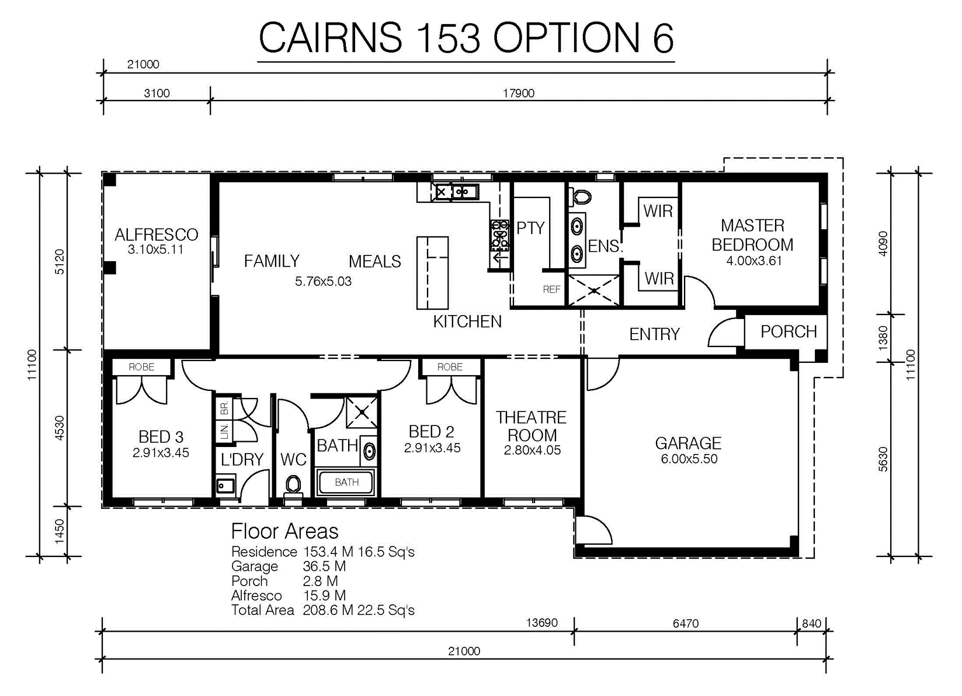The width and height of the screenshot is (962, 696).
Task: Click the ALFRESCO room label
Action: coord(157,235)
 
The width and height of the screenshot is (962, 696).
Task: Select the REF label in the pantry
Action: coord(551,290)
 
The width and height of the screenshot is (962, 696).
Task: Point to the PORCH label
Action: coord(789,332)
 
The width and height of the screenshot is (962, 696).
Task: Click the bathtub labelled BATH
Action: coord(346,483)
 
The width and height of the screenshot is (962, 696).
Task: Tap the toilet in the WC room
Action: coord(293,486)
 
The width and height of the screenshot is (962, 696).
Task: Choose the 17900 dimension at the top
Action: coord(519,94)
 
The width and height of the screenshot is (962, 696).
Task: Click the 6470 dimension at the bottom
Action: coord(685,624)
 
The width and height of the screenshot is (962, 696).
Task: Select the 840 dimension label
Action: coord(811,624)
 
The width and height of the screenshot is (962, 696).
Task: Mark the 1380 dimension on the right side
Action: coord(883,338)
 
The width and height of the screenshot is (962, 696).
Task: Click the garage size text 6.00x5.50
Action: coord(689,459)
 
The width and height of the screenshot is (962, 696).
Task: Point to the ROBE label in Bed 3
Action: coord(141,367)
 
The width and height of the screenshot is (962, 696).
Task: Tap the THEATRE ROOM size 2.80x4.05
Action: coord(532,450)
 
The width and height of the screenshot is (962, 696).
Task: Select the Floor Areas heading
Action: coord(284,531)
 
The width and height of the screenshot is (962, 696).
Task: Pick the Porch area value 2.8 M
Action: coord(321,581)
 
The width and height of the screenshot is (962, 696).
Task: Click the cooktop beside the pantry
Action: coord(499,236)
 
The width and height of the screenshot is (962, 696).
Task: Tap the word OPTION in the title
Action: coord(567,38)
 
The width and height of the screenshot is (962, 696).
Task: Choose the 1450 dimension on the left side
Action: coord(60,531)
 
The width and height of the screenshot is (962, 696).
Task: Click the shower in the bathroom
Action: coord(362,413)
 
